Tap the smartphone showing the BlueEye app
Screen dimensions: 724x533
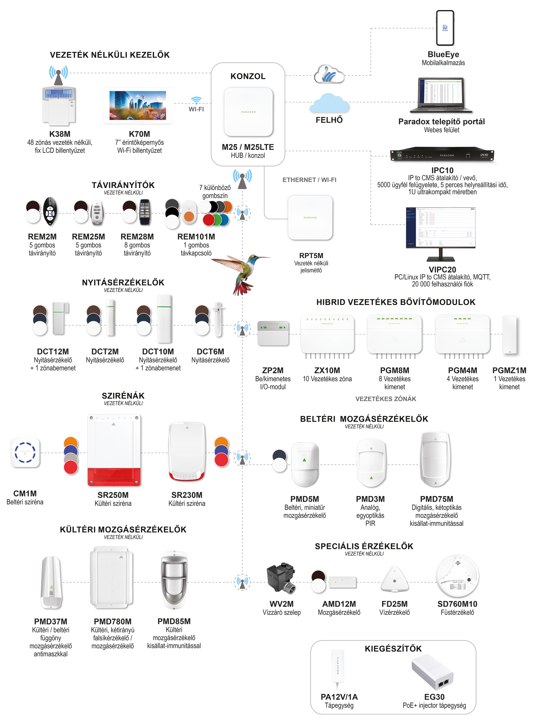point(445,28)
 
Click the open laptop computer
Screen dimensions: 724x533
point(441,95)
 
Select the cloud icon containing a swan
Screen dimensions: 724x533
point(329,75)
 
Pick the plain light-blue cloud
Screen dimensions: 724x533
point(329,103)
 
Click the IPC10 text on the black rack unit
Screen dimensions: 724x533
point(484,155)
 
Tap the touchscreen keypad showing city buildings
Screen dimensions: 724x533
point(137,105)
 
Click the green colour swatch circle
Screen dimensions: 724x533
point(217,220)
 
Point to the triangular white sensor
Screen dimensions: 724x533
point(395,579)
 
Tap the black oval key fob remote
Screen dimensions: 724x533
point(50,213)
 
